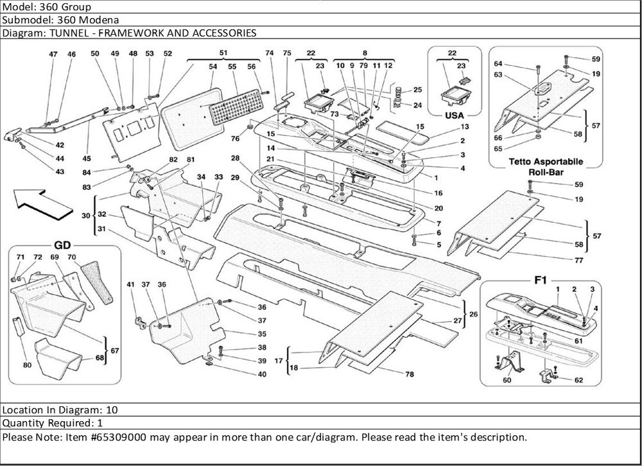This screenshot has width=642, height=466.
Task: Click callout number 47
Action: pos(54,55)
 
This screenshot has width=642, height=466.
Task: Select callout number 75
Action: pos(286,53)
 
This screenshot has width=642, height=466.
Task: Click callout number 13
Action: pos(446,127)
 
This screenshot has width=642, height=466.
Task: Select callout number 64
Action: pos(498,64)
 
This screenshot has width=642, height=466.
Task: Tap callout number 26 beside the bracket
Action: pos(474,315)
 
